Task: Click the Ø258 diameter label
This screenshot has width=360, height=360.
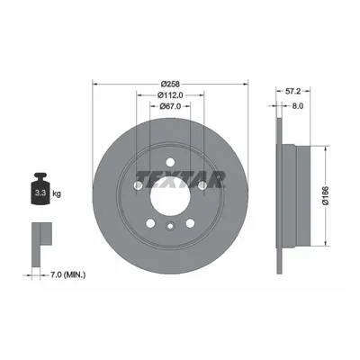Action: click(x=170, y=84)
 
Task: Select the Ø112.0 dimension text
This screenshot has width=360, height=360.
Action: click(x=170, y=95)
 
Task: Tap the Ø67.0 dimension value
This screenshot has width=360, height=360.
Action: click(x=170, y=106)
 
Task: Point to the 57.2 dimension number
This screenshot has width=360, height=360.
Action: click(x=292, y=91)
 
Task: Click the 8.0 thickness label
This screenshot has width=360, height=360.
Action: click(x=297, y=106)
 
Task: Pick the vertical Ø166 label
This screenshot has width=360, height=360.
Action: click(x=326, y=195)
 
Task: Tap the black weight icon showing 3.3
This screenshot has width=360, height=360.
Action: click(x=40, y=189)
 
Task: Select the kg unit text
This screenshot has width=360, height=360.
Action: click(x=57, y=193)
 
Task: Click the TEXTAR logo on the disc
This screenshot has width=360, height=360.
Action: click(x=181, y=179)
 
